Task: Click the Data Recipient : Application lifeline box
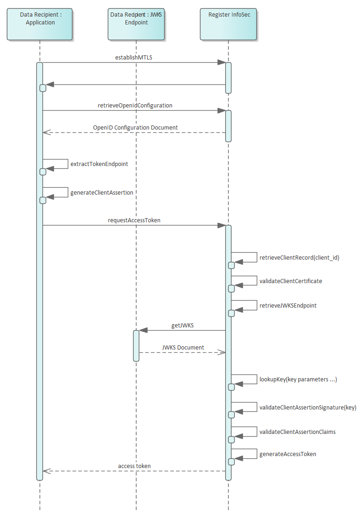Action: point(40,24)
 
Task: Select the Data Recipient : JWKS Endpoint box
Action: point(136,24)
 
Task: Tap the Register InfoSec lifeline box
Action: point(228,24)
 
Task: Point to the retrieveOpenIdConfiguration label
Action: point(135,106)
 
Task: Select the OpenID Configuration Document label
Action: point(136,128)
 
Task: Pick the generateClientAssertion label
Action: point(102,193)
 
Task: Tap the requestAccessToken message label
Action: point(134,220)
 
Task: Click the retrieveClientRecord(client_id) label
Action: point(299,258)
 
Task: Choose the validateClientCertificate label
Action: point(291,281)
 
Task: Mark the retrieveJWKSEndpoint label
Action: point(288,306)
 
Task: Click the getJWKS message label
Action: point(182,326)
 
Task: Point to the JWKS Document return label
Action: point(183,348)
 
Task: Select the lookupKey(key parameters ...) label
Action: point(298,380)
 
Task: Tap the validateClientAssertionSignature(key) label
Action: point(307,407)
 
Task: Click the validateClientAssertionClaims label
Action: point(297,432)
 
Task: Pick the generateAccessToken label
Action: point(288,454)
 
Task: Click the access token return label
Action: point(134,466)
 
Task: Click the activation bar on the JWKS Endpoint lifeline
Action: point(136,345)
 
